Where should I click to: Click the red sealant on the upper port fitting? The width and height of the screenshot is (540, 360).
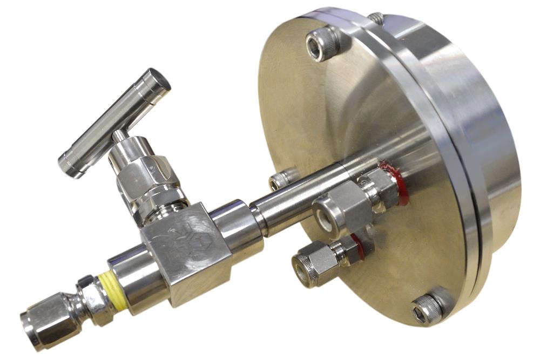(x=400, y=184)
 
